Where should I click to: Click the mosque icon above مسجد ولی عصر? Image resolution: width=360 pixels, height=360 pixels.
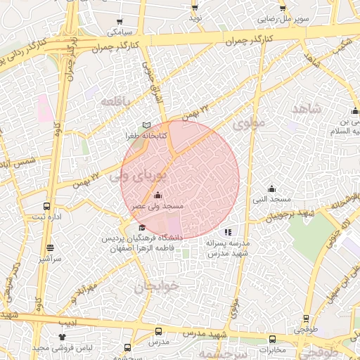[x=157, y=195]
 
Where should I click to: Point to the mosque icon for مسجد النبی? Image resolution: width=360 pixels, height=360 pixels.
[x=272, y=188]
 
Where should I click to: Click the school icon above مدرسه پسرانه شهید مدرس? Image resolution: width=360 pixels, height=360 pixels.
[x=227, y=231]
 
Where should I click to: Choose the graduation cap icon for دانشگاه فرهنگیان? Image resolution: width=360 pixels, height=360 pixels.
[x=143, y=227]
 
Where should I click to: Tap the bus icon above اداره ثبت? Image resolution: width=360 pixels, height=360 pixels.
[x=46, y=207]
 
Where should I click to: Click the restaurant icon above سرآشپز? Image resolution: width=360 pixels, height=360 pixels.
[x=50, y=248]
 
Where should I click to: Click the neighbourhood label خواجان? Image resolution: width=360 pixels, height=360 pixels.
[x=156, y=286]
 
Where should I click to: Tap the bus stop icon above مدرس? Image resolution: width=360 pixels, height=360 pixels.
[x=157, y=331]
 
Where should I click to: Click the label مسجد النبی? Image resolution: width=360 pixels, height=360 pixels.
[x=272, y=200]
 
